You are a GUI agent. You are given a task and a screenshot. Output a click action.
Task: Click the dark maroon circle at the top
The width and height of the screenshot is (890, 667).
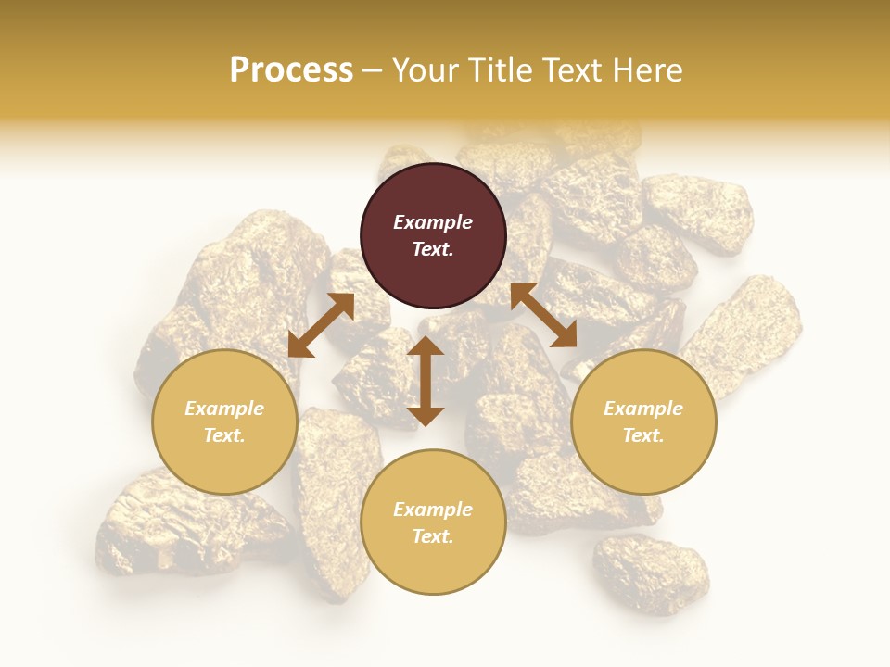(433, 235)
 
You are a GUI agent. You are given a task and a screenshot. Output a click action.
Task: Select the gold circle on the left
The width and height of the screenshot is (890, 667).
(224, 422)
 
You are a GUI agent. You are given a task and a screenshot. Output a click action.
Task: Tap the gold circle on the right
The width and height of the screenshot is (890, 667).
(643, 422)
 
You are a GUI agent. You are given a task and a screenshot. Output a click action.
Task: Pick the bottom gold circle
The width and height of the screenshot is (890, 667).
(433, 522)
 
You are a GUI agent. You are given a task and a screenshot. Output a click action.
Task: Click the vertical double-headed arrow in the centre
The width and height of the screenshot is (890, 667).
(426, 381)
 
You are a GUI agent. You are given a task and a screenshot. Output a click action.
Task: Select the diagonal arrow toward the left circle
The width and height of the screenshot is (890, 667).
(321, 325)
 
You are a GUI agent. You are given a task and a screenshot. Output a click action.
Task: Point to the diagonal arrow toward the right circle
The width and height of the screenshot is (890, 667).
(543, 315)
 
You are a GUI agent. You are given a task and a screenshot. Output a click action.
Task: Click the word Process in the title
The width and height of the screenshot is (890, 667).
(291, 69)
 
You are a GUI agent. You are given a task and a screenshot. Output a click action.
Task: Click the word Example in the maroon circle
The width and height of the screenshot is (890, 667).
(433, 222)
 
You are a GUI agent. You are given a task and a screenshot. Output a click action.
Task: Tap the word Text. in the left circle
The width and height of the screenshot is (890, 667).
(224, 435)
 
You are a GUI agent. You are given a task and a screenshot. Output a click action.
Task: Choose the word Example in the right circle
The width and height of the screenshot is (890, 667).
(643, 409)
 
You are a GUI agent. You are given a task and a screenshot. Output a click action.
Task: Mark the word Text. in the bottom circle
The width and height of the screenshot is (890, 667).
(433, 536)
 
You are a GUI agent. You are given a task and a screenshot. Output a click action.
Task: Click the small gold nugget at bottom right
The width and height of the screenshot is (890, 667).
(651, 572)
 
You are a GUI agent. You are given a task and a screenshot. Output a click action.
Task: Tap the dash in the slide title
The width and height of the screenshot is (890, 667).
(373, 70)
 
